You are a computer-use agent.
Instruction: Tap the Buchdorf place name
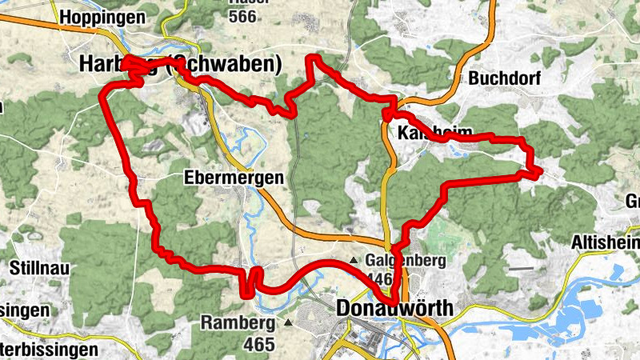point(505,79)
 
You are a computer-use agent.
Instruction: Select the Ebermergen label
point(234,178)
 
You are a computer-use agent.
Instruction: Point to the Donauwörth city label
point(395,308)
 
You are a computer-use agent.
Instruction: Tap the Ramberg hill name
point(238,323)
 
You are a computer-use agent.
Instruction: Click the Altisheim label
point(605,242)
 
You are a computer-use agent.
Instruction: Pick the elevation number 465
point(259,344)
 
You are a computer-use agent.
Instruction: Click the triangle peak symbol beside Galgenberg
point(354,260)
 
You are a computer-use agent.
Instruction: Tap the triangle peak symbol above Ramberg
point(287,323)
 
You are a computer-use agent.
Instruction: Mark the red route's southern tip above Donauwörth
point(394,299)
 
